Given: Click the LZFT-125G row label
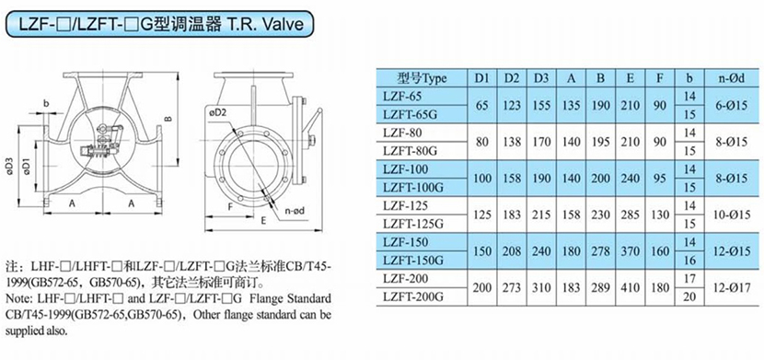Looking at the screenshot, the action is click(x=413, y=224).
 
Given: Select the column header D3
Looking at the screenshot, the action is click(x=542, y=78).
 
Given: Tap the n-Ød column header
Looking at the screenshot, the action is click(x=732, y=78).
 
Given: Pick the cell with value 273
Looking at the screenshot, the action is click(x=512, y=288).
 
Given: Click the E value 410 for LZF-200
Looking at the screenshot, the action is click(x=631, y=288).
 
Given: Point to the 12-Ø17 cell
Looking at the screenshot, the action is click(x=732, y=288).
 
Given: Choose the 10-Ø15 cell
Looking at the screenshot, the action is click(x=732, y=215).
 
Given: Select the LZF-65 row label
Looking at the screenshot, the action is click(x=402, y=96).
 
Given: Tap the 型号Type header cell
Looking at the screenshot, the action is click(x=422, y=78).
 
